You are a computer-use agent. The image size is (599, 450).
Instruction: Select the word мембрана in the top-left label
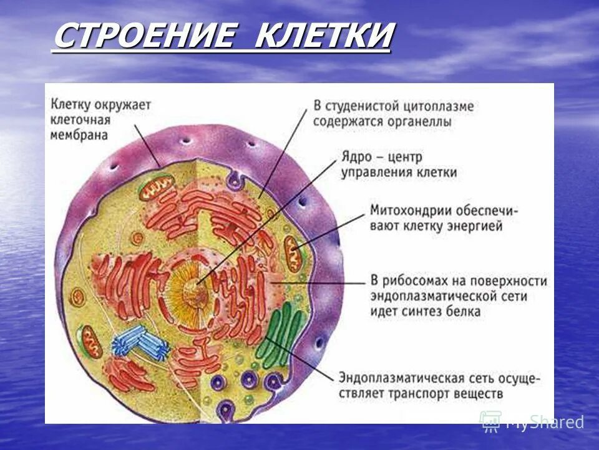[x=79, y=135]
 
